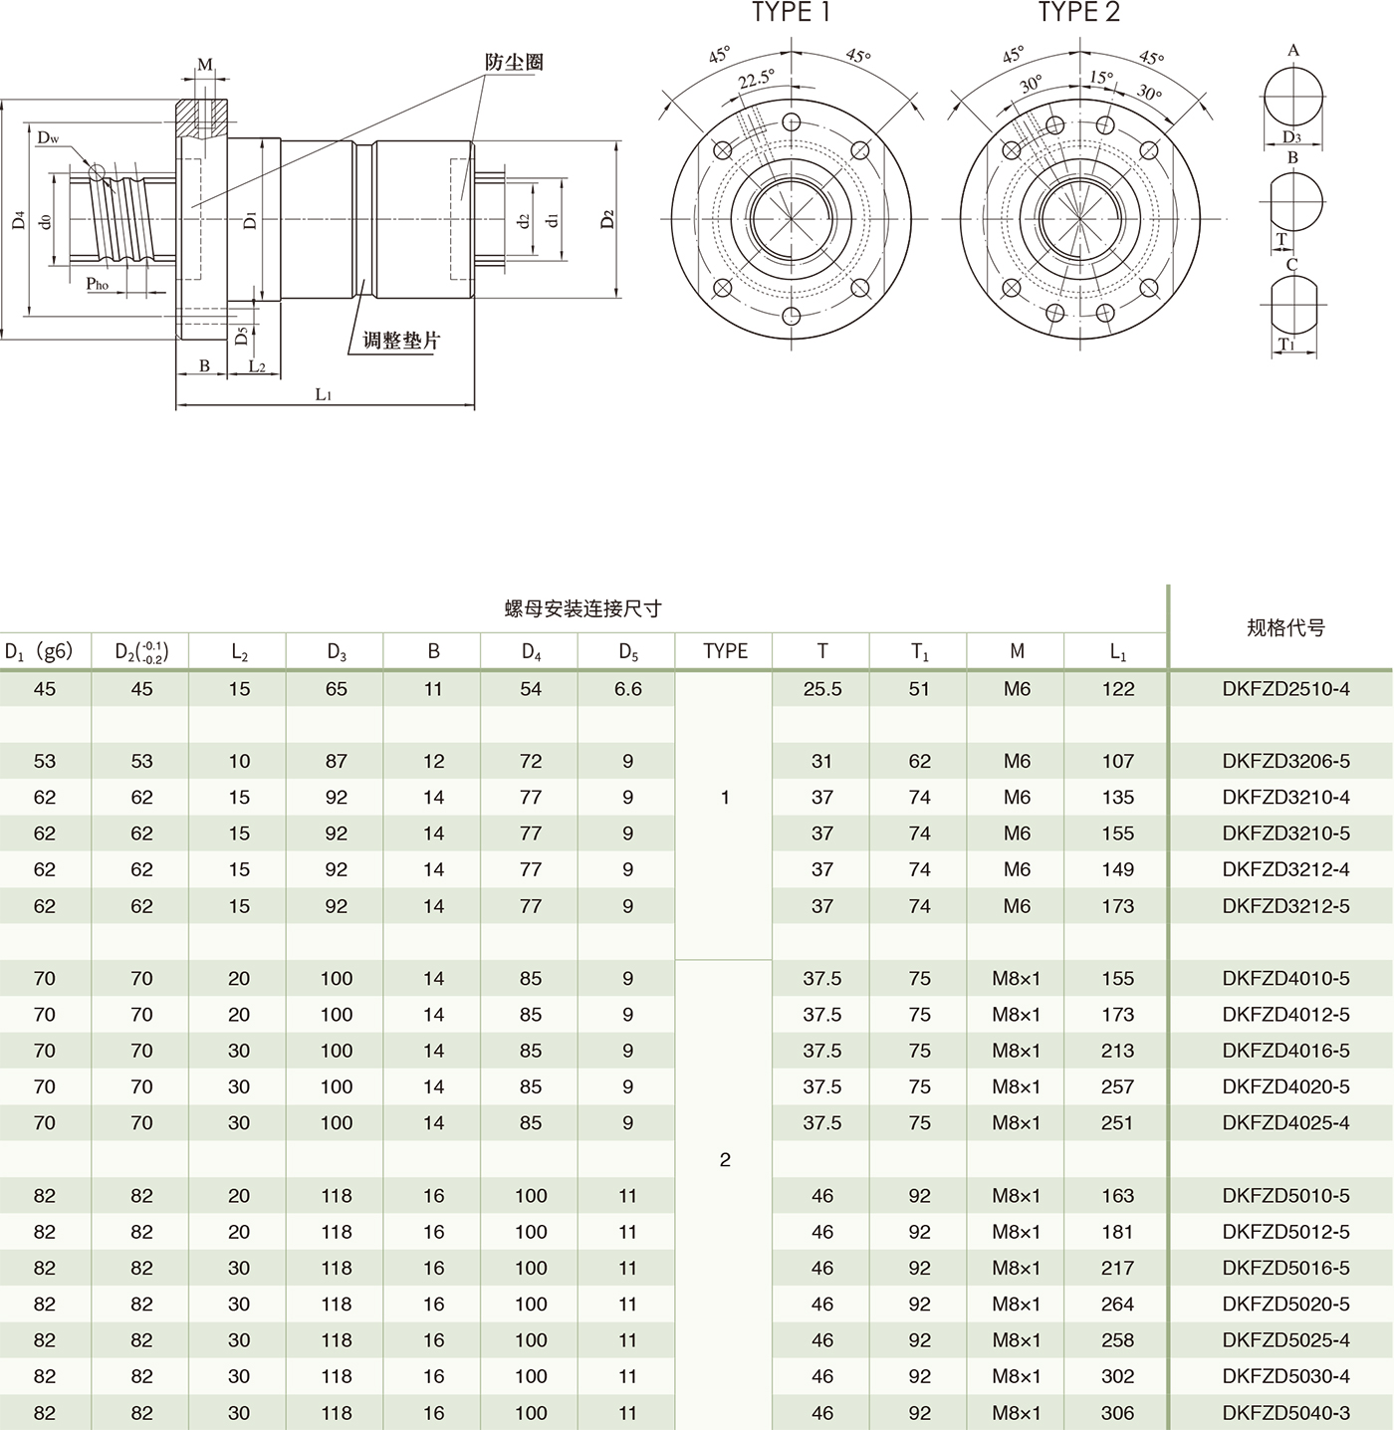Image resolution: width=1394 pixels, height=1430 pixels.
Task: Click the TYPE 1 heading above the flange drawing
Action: [791, 13]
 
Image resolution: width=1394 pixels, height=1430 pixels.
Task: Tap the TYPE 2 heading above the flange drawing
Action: [1078, 13]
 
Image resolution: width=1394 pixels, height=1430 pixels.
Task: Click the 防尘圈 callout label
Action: [514, 62]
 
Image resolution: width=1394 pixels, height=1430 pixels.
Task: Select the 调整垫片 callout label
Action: [400, 341]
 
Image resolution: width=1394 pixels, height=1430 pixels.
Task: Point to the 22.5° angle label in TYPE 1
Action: [756, 80]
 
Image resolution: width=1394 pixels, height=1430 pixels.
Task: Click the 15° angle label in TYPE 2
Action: [1100, 77]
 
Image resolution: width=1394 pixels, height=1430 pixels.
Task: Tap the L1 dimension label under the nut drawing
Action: [324, 394]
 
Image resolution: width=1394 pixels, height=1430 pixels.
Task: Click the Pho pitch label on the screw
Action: [97, 284]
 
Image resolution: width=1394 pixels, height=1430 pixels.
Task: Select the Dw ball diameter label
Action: [48, 137]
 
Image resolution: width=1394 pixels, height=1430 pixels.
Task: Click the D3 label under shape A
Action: [1291, 137]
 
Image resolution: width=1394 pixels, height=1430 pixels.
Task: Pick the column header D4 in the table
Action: [531, 651]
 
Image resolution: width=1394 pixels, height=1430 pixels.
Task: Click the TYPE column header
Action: [725, 651]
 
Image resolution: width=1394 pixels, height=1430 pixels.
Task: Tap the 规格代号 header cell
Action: [1285, 627]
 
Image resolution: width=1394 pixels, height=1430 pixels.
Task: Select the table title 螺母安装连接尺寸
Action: [582, 608]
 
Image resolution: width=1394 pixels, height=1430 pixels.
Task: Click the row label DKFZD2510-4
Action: [1285, 689]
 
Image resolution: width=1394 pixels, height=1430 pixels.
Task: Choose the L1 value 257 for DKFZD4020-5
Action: [1117, 1086]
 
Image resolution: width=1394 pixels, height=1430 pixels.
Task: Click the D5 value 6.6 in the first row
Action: [627, 689]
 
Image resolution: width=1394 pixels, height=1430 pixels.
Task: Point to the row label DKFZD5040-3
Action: [1285, 1412]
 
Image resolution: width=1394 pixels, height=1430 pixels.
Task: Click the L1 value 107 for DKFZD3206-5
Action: [1117, 762]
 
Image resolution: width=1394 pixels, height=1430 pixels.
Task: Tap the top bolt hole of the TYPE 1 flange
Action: [792, 122]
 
